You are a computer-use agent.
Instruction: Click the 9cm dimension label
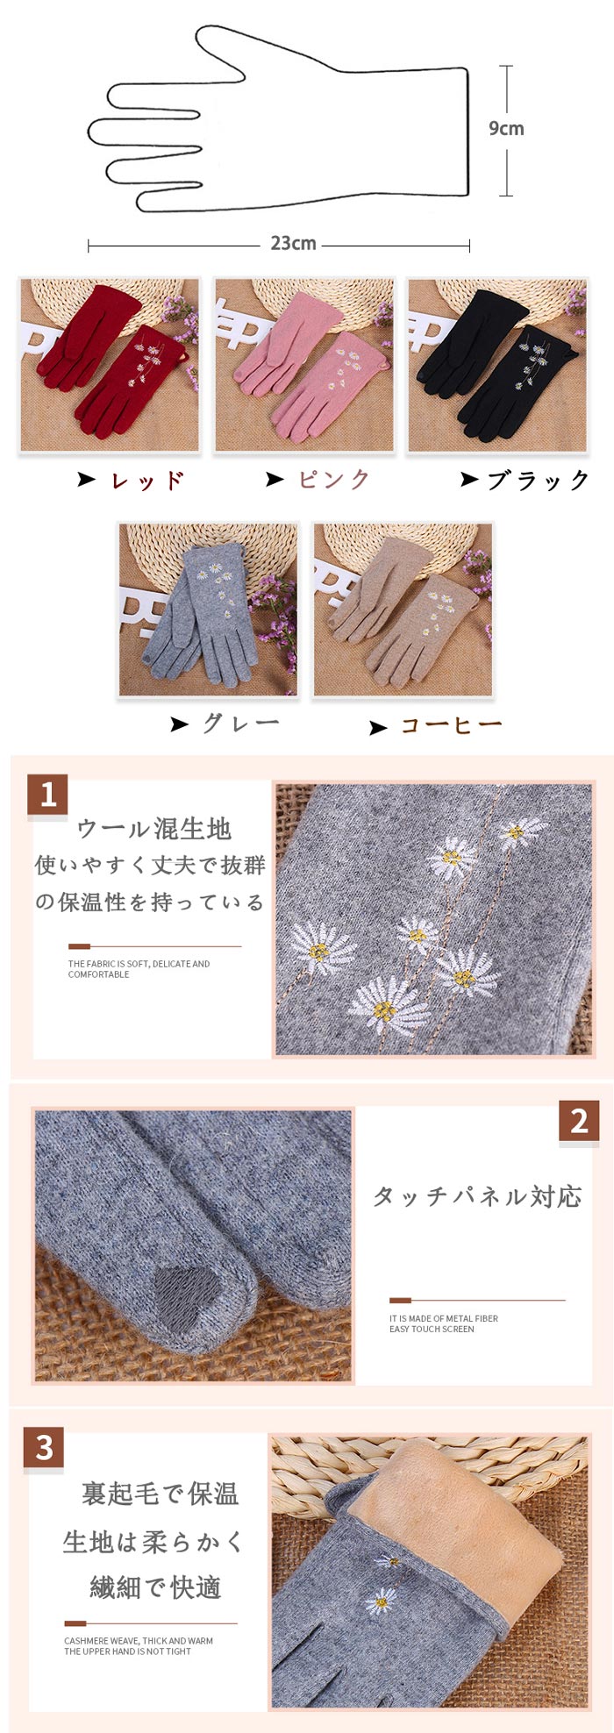point(506,129)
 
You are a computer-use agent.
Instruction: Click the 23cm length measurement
point(293,244)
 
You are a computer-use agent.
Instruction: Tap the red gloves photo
point(110,366)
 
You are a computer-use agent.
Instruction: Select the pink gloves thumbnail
point(303,366)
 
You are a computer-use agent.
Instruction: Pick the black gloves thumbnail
point(496,366)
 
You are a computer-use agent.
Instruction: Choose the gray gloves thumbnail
point(208,610)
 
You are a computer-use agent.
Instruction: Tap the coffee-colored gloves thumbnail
point(403,610)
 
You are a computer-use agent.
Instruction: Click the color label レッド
point(147,480)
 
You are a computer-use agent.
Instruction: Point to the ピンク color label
point(334,479)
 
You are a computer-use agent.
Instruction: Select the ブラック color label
point(539,480)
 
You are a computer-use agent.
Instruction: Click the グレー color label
point(241,724)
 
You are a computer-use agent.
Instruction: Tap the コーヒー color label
point(452,725)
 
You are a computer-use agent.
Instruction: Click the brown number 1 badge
point(47,795)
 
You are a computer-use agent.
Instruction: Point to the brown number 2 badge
point(579,1121)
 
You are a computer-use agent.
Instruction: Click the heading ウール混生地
point(154,829)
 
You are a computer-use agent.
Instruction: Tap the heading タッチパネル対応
point(478,1196)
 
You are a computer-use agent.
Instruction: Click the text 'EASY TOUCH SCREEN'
point(432,1329)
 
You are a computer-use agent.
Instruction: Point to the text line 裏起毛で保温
point(161,1494)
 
